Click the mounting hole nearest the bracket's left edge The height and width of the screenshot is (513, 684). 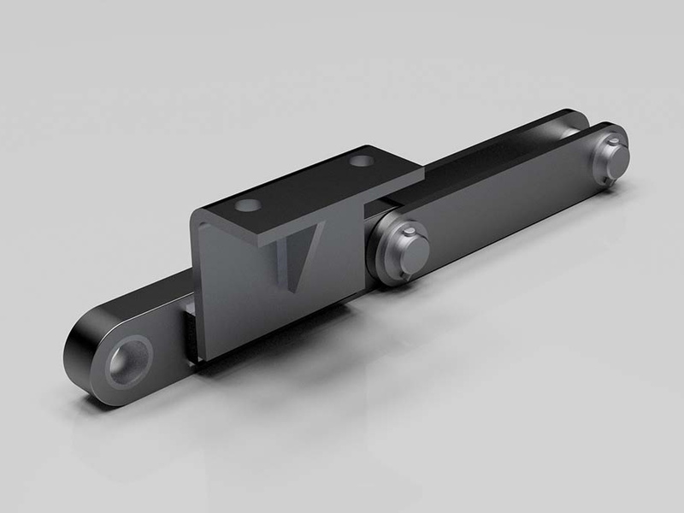249,206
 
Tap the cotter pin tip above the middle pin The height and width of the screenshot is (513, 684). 410,229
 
